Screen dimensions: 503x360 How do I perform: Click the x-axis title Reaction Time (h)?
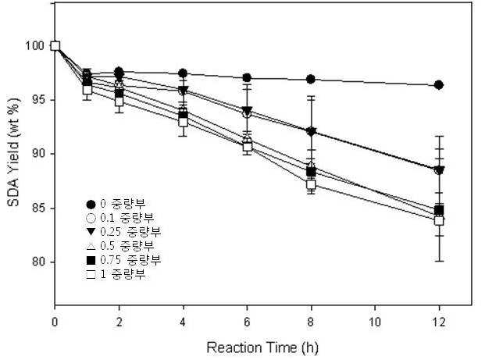tap(262, 348)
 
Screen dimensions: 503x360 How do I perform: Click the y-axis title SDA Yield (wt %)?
tap(14, 152)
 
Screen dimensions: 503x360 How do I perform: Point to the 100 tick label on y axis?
tap(34, 46)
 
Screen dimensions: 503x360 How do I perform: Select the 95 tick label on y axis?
tap(37, 100)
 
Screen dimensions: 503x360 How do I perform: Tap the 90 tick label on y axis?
tap(37, 154)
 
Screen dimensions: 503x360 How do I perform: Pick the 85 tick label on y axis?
tap(37, 209)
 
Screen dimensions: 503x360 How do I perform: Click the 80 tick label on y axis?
tap(37, 262)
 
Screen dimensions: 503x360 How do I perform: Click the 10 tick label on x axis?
tap(375, 322)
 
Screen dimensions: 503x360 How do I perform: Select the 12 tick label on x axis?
tap(439, 322)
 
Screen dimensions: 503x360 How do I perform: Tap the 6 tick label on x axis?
tap(247, 322)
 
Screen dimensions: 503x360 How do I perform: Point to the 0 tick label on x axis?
tap(55, 322)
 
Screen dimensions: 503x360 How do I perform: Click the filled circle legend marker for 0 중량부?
tap(91, 204)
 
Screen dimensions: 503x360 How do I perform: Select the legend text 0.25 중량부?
tap(130, 232)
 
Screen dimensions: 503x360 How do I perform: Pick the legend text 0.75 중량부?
tap(130, 259)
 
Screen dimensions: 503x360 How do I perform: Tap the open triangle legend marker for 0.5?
tap(91, 246)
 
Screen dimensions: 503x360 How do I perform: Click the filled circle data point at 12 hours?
tap(439, 85)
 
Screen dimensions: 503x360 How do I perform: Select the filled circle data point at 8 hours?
tap(311, 79)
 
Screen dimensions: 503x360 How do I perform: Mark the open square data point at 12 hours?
tap(439, 221)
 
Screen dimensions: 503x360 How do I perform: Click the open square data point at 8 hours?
tap(311, 184)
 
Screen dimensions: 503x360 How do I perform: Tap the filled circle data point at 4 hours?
tap(183, 73)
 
